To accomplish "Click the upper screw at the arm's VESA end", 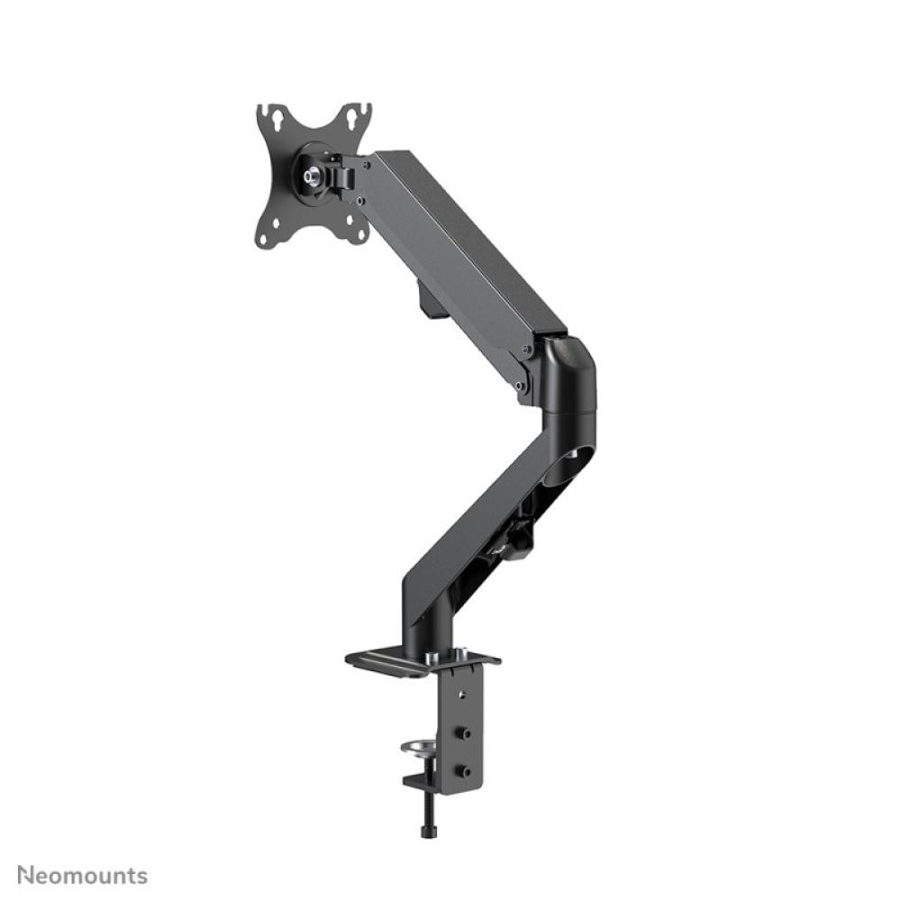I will [x=366, y=163].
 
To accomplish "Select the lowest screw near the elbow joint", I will [x=519, y=387].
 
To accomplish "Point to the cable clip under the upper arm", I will [x=431, y=303].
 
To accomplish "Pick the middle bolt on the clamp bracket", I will [x=463, y=734].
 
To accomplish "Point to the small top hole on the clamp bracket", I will [x=462, y=695].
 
